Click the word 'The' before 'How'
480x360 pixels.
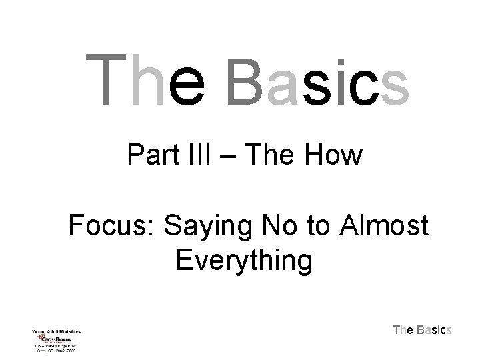275,157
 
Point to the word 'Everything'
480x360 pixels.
244,261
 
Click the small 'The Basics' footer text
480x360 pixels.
423,330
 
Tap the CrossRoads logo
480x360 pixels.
57,339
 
